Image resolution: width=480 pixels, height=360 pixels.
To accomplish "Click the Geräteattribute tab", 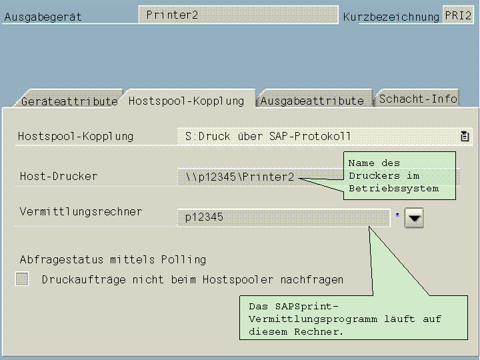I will (69, 101).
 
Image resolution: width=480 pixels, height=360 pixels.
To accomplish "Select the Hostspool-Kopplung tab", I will (186, 101).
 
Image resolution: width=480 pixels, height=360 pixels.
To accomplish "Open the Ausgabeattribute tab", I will (312, 101).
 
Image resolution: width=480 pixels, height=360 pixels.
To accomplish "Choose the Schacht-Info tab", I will (418, 99).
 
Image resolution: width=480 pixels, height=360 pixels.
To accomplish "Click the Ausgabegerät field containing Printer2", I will (238, 15).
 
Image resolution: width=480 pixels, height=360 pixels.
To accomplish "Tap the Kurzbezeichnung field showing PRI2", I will (458, 15).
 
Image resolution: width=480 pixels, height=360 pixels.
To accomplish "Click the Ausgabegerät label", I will (43, 17).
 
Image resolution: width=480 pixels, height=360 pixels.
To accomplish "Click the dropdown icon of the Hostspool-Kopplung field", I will (465, 136).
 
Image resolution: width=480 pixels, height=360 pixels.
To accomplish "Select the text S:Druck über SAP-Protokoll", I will (268, 137).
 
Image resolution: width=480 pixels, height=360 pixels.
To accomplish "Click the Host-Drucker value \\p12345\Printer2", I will (239, 177).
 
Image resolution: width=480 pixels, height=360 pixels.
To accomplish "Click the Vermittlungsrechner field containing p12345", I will (283, 217).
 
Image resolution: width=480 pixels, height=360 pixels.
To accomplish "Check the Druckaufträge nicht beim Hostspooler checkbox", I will (23, 279).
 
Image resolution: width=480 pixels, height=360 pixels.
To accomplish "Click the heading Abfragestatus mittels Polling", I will (113, 259).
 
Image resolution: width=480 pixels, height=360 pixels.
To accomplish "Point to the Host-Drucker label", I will (59, 176).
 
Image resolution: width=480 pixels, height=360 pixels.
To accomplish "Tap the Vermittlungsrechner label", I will (81, 211).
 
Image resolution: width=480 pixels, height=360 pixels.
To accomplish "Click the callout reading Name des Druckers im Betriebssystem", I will (401, 175).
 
